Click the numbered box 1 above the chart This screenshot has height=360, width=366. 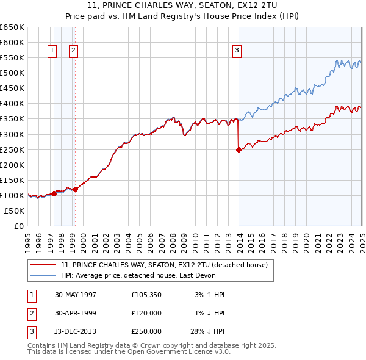pyautogui.click(x=52, y=51)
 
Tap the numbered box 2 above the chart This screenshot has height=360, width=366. pyautogui.click(x=73, y=51)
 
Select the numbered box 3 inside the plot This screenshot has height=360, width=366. pyautogui.click(x=236, y=51)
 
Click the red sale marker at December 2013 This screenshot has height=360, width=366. pyautogui.click(x=239, y=149)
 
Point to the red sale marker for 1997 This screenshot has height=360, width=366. pyautogui.click(x=54, y=193)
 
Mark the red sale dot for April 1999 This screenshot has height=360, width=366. pyautogui.click(x=76, y=189)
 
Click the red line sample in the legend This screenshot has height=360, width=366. pyautogui.click(x=44, y=265)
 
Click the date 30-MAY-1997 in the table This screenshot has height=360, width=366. pyautogui.click(x=76, y=295)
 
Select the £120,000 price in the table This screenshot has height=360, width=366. pyautogui.click(x=146, y=313)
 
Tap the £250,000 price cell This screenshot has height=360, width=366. pyautogui.click(x=146, y=331)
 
